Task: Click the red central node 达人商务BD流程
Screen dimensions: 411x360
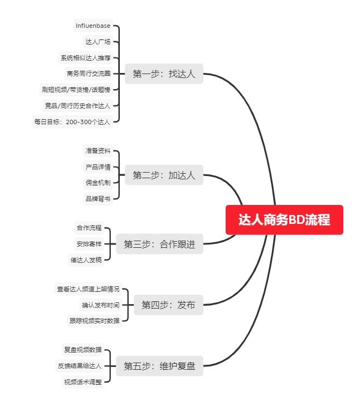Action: (284, 220)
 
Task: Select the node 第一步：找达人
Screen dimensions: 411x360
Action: (164, 74)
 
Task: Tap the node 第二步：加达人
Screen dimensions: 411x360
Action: (164, 175)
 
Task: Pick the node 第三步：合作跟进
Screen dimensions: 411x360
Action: (159, 244)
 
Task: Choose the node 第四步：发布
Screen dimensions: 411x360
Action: (168, 305)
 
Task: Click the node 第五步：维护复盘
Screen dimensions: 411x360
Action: (159, 366)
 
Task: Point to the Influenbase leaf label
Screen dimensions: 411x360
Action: (93, 26)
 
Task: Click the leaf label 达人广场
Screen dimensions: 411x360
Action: (98, 41)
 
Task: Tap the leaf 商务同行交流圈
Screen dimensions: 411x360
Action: (88, 73)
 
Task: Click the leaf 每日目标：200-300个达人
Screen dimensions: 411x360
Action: (72, 121)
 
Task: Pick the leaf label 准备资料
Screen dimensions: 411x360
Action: (98, 150)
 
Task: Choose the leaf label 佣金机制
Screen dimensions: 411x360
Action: (98, 182)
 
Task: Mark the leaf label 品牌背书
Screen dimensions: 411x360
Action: (98, 198)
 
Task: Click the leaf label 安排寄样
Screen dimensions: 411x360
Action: (89, 243)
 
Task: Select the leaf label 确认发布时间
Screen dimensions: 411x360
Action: (100, 305)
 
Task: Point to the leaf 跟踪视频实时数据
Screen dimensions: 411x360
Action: (94, 320)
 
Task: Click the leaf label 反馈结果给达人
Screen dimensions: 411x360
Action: (80, 366)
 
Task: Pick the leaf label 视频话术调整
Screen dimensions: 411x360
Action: (82, 382)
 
